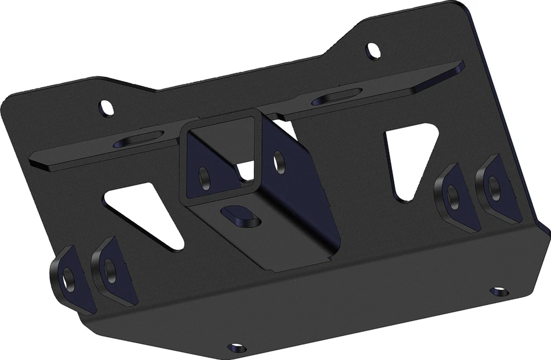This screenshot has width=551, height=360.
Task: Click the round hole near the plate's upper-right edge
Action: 374,51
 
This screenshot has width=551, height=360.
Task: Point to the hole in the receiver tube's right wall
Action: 280,162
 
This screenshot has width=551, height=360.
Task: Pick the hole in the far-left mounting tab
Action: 68,278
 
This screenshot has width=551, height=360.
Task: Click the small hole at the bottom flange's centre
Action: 236,347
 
